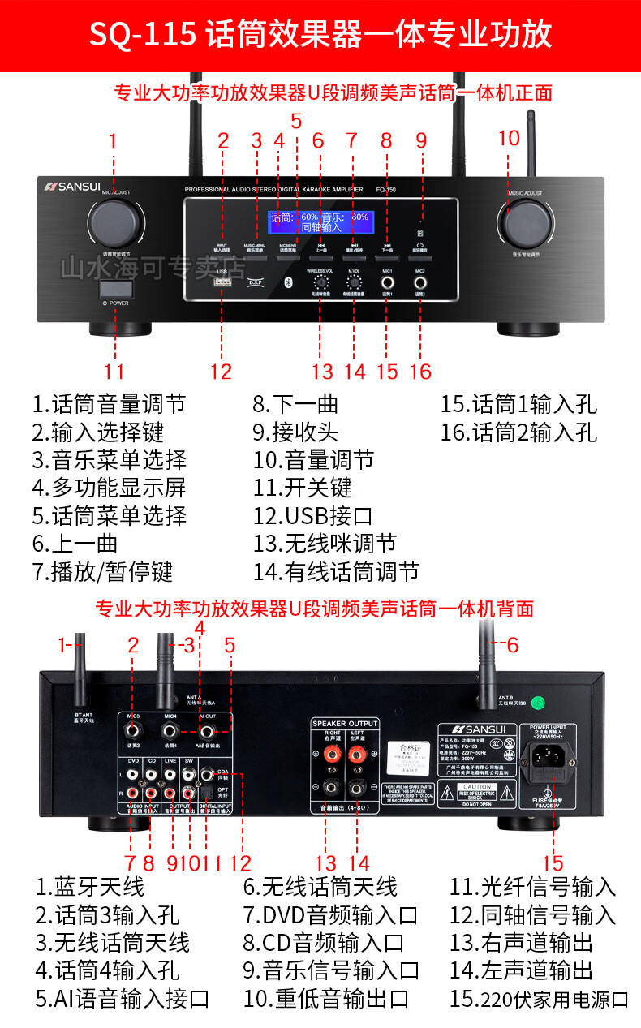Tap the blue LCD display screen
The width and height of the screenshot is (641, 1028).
click(x=319, y=222)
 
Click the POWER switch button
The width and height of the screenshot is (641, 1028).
click(x=114, y=290)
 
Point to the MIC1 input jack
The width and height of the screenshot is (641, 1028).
click(x=387, y=284)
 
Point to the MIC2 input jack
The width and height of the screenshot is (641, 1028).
click(x=420, y=284)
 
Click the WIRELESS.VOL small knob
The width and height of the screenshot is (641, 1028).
click(x=320, y=283)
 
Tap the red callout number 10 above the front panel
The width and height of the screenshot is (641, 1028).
click(x=509, y=139)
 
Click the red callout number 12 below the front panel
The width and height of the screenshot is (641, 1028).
click(x=221, y=372)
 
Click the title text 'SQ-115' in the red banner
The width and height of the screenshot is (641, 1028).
click(x=142, y=35)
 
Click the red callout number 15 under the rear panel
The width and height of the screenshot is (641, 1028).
click(x=553, y=863)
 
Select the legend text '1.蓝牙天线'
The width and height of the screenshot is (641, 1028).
click(x=89, y=886)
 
